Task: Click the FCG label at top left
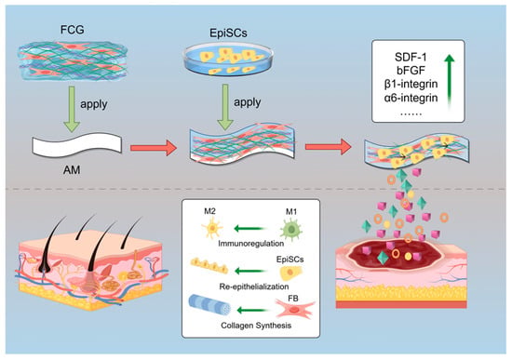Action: click(73, 30)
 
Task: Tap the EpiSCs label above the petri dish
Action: click(228, 33)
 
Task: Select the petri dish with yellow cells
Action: click(228, 60)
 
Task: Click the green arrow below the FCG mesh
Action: click(72, 109)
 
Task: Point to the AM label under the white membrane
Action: click(72, 170)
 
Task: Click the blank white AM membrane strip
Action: click(77, 144)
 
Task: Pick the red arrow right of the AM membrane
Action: click(154, 148)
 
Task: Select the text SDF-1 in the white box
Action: click(411, 58)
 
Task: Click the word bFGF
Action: click(411, 71)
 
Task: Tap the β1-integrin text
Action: click(411, 84)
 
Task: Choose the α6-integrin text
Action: click(411, 98)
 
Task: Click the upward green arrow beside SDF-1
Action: click(450, 82)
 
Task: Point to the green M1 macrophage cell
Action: click(291, 229)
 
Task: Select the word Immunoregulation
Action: click(250, 244)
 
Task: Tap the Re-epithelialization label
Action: click(254, 287)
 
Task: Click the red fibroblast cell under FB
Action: click(295, 309)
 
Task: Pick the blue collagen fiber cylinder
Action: click(209, 305)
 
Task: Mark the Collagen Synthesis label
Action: click(256, 326)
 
